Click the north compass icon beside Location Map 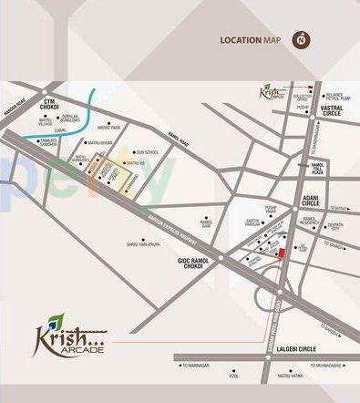(299, 39)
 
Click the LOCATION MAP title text (250, 40)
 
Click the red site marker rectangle (281, 253)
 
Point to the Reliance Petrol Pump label (335, 95)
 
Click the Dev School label (147, 152)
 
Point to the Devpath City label (336, 227)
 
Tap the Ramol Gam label (207, 223)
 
